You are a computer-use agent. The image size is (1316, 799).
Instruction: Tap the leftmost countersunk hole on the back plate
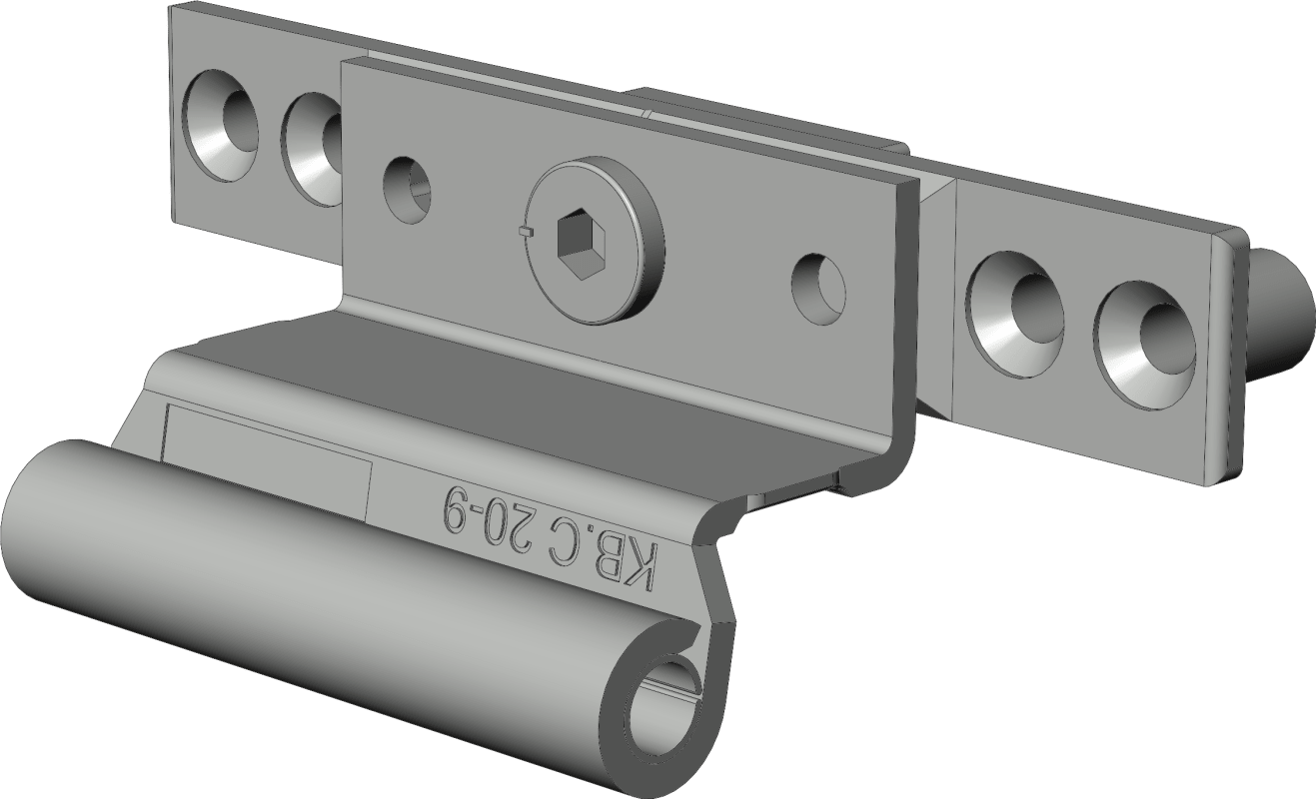point(220,125)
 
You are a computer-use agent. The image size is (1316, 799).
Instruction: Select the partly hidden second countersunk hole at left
point(312,149)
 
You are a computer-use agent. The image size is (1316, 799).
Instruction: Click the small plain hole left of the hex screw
point(406,189)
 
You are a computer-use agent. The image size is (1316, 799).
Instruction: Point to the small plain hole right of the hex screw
point(818,291)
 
